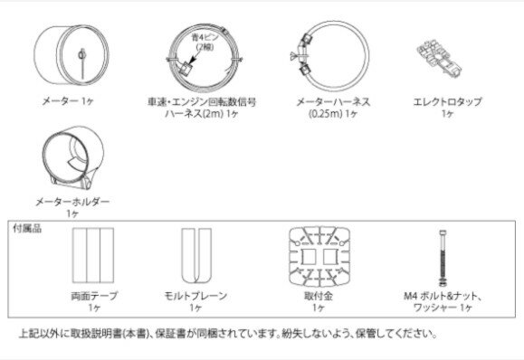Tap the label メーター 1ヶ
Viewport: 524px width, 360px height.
68,100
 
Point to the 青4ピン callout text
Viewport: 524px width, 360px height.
205,37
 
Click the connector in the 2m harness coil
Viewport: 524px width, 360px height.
186,70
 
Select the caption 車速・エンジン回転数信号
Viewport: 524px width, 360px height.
202,101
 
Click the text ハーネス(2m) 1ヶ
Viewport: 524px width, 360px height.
202,114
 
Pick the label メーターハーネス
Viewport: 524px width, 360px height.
334,101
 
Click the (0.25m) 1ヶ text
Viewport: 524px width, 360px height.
333,114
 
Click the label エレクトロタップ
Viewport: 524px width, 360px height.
448,101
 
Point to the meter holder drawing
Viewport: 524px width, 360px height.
72,157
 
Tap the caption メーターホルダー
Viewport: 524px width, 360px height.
72,202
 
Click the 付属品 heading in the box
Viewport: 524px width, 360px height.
27,229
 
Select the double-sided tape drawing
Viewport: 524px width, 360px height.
93,255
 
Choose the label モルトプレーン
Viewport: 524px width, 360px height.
195,296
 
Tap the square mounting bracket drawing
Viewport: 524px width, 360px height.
319,257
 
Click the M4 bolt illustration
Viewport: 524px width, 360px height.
443,259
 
